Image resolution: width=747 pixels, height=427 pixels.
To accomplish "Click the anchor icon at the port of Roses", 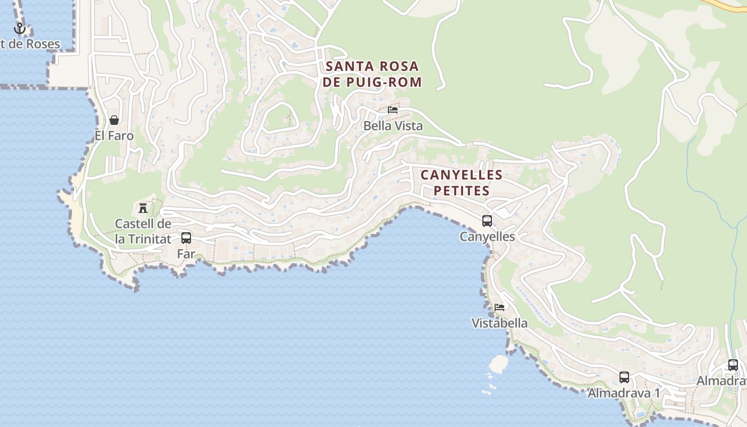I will (20, 28).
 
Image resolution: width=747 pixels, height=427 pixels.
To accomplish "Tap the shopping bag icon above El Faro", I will (114, 120).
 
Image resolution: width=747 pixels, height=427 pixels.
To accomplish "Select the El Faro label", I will (114, 136).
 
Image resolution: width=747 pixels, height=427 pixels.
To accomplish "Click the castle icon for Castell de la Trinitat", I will (143, 208).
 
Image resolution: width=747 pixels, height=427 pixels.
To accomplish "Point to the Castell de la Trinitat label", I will (143, 231).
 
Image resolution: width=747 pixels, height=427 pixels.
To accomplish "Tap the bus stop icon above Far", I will (186, 238).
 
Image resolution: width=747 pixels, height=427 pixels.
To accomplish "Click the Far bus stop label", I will (186, 254).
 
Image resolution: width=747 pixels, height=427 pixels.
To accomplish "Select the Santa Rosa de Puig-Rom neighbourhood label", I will (372, 74).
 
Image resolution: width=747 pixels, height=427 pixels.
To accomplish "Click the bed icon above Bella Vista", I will (393, 110).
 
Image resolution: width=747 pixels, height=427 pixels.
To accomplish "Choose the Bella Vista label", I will (393, 126).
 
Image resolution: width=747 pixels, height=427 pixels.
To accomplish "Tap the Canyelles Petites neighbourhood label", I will (462, 183).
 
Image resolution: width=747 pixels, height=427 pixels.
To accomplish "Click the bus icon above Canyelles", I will (487, 220).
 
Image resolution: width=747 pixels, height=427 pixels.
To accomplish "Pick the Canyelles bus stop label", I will (487, 236).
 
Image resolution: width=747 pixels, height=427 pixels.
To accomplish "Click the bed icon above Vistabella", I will (499, 307).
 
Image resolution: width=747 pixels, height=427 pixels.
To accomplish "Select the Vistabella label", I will (499, 323).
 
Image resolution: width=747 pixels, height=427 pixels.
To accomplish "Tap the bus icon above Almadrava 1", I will (624, 377).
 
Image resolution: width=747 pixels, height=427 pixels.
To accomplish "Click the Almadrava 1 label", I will (624, 393).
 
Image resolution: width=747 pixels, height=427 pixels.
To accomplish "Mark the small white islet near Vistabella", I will (499, 364).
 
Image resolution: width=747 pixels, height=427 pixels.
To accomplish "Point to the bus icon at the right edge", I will (733, 365).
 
